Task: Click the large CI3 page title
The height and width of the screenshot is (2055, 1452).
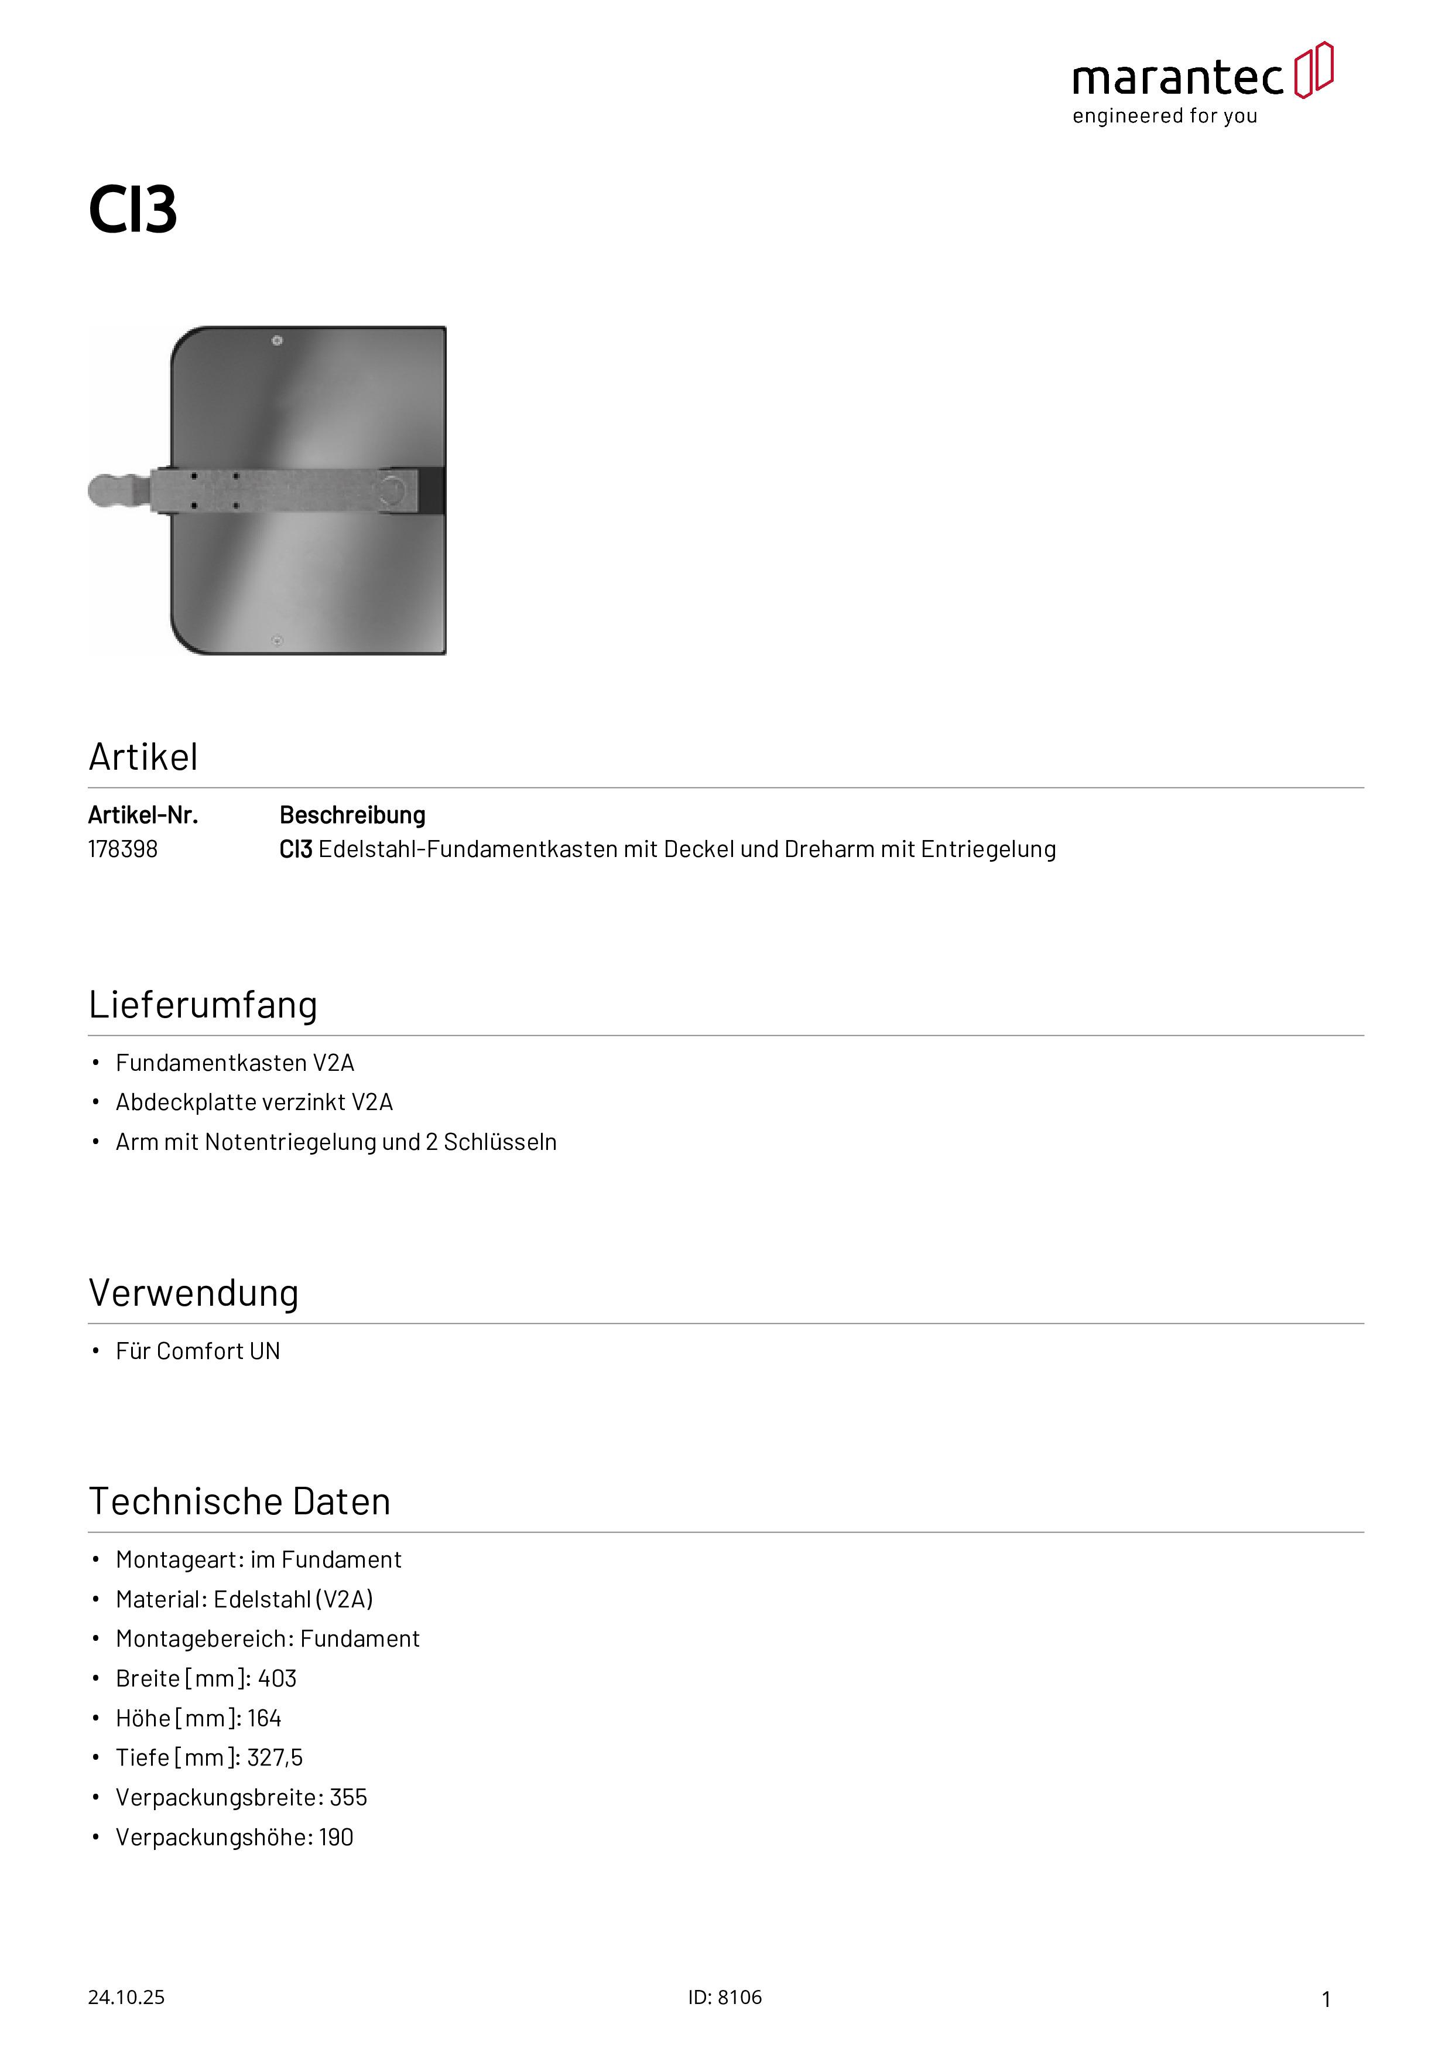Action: pyautogui.click(x=132, y=210)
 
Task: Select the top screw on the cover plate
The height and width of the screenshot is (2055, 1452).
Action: pyautogui.click(x=278, y=341)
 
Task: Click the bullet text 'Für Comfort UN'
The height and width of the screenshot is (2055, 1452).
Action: pyautogui.click(x=198, y=1351)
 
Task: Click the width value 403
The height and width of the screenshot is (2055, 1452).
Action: pyautogui.click(x=278, y=1678)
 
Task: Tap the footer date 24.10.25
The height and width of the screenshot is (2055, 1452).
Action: pyautogui.click(x=126, y=1997)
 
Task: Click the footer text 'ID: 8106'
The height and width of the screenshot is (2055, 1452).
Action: pyautogui.click(x=725, y=1997)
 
